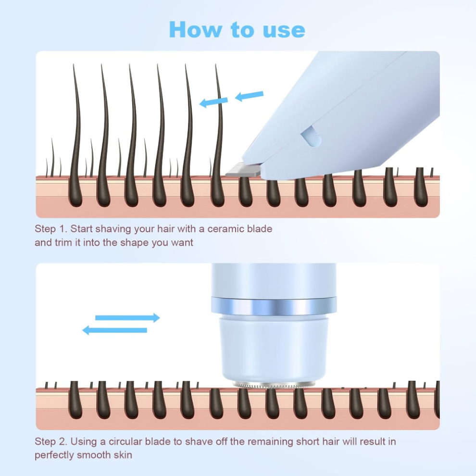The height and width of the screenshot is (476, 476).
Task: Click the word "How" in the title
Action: point(195,29)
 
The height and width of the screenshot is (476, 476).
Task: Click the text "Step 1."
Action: point(51,229)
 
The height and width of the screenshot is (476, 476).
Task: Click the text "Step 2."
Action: point(51,441)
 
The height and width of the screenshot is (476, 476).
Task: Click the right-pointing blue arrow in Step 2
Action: point(127,318)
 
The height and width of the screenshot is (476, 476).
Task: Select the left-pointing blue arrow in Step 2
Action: point(115,330)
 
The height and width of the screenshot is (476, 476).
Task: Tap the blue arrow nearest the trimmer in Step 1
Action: point(249,96)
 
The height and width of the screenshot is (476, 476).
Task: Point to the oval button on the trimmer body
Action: point(311,137)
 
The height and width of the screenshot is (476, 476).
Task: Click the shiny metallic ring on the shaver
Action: point(274,306)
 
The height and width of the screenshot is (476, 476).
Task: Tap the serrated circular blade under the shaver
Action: point(274,385)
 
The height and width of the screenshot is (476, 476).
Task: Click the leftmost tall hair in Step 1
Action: point(76,135)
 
